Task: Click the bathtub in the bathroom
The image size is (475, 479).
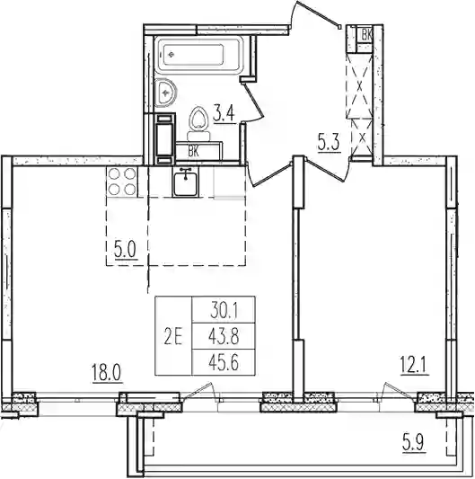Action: tap(198, 56)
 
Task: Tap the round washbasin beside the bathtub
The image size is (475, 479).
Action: tap(165, 93)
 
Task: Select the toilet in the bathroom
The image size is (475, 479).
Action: tap(198, 124)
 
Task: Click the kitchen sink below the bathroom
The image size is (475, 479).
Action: tap(186, 182)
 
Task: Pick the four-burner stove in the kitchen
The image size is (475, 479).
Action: tap(122, 182)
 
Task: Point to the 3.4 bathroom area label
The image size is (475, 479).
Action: tap(224, 113)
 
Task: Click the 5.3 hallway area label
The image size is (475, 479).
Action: tap(329, 142)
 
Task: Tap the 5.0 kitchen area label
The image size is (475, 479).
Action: tap(126, 249)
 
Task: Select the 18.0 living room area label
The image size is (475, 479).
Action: tap(107, 373)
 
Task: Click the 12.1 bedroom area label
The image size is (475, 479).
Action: tap(415, 366)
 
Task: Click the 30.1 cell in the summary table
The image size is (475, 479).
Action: tap(224, 311)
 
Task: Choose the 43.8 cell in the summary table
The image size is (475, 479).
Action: tap(224, 337)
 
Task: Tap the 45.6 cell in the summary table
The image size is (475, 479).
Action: tap(224, 363)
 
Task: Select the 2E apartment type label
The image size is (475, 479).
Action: tap(173, 337)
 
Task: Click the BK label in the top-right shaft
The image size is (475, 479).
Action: tap(366, 35)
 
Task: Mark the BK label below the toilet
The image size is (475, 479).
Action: tap(194, 151)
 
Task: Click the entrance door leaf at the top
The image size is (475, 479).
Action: tap(319, 13)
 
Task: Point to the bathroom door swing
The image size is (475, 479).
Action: tap(252, 102)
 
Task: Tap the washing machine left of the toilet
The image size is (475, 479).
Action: tap(165, 139)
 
